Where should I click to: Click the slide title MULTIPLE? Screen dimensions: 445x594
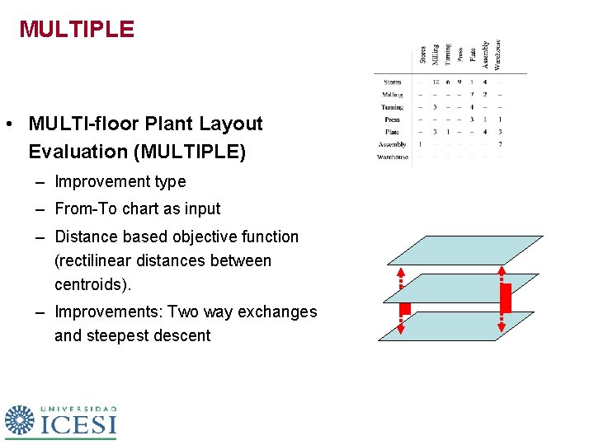(x=76, y=30)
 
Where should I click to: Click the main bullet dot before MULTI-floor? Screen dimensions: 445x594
(x=7, y=125)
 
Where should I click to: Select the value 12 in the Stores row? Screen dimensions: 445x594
(x=435, y=82)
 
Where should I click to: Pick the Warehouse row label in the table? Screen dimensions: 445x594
(x=394, y=157)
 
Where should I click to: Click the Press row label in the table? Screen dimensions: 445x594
(x=392, y=119)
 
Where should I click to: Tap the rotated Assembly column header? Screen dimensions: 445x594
(x=485, y=54)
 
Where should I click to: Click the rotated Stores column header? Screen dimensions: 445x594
(x=422, y=55)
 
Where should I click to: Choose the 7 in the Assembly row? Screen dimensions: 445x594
(x=500, y=144)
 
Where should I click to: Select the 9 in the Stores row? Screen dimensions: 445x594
(x=460, y=82)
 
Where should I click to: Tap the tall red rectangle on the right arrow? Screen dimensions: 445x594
(x=507, y=297)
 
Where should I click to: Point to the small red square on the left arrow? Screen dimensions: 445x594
(x=405, y=309)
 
